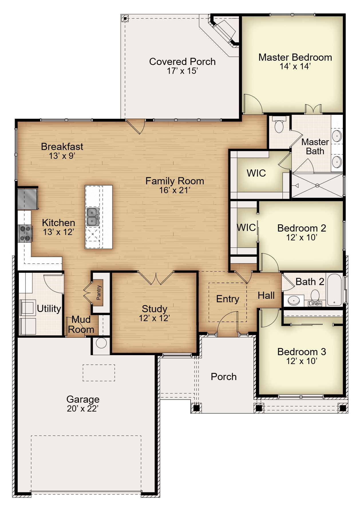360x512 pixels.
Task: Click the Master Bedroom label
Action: click(295, 57)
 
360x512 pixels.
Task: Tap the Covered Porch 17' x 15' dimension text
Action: click(182, 71)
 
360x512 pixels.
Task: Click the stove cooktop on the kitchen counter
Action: click(25, 233)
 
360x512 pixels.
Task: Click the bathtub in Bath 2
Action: click(334, 290)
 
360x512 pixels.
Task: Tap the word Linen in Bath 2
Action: click(315, 304)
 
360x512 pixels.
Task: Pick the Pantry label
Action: click(99, 292)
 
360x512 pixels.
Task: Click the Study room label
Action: click(154, 309)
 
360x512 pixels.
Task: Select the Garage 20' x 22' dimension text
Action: click(83, 408)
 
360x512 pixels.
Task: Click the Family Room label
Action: click(175, 181)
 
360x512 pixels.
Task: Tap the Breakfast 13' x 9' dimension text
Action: click(62, 156)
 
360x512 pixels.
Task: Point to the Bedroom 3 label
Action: click(302, 352)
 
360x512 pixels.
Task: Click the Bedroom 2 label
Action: click(302, 228)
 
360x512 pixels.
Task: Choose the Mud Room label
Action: click(81, 324)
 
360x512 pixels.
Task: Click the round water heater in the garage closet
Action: click(101, 343)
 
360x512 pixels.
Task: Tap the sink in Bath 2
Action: click(294, 301)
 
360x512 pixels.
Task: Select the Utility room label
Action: click(49, 309)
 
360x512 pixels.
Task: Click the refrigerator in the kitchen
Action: click(28, 198)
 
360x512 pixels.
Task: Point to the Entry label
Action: click(228, 299)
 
